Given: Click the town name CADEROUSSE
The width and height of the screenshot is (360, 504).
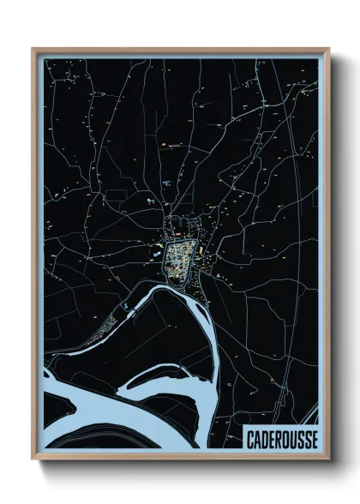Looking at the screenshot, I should (279, 438).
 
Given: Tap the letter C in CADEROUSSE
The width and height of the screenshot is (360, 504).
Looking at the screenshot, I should (249, 438).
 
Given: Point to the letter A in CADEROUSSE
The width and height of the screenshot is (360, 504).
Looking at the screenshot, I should (256, 438).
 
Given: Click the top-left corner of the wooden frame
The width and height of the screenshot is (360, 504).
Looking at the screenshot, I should (33, 49).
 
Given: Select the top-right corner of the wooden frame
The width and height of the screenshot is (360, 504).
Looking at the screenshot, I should (328, 49).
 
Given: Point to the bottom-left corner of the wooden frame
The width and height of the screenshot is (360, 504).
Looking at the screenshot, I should (33, 459).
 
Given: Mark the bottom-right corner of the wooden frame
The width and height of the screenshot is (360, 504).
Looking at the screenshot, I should (328, 459).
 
